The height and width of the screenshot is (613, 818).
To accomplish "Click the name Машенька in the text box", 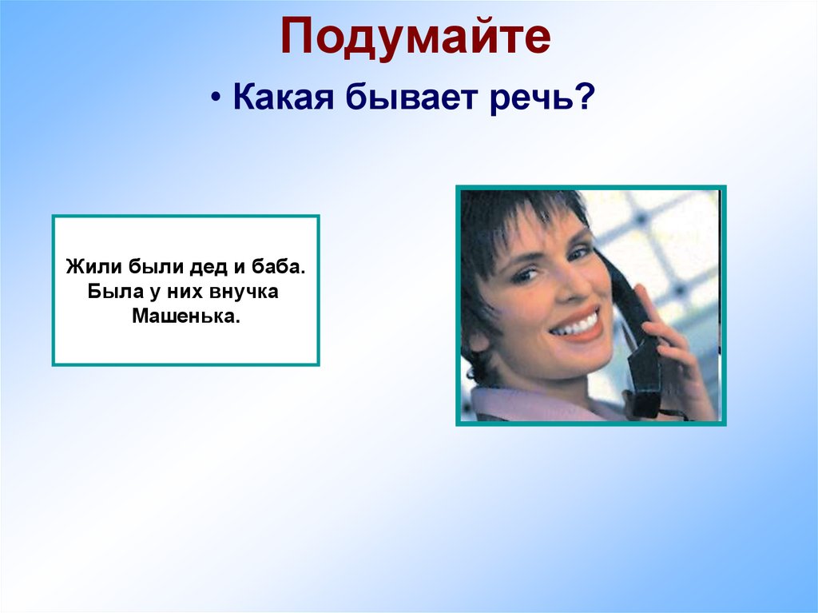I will pyautogui.click(x=185, y=316).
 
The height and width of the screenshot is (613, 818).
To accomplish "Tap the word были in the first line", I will pyautogui.click(x=148, y=265).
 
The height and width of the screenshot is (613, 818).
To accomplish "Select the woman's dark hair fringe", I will pyautogui.click(x=511, y=216).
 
